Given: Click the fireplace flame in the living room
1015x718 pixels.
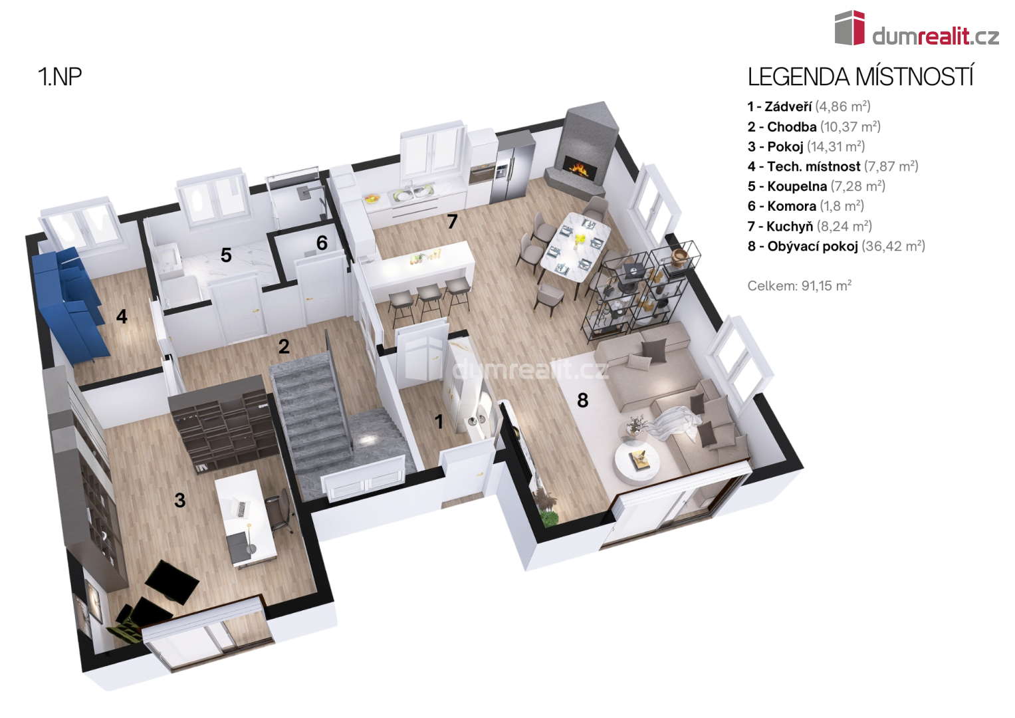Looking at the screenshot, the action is [582, 169].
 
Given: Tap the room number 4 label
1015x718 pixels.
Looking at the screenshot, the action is [122, 316].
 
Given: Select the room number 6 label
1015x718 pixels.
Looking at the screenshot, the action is [322, 243].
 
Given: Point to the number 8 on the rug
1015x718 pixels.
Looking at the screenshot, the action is [583, 400].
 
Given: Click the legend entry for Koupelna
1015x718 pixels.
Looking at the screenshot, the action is [816, 186].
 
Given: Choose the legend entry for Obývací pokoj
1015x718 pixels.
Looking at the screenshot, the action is [836, 246].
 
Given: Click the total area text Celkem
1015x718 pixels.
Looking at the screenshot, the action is [800, 286].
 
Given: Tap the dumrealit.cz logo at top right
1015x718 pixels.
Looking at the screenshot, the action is [917, 29].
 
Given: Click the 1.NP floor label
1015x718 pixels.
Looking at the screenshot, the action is [60, 76].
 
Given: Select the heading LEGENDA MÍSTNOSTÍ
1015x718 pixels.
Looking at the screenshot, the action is [860, 77].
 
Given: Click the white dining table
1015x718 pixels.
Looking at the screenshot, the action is [576, 247].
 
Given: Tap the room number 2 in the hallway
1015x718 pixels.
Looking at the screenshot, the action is [284, 347].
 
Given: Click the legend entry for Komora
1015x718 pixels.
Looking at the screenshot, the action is [806, 206].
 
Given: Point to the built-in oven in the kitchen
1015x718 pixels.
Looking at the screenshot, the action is [479, 174].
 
